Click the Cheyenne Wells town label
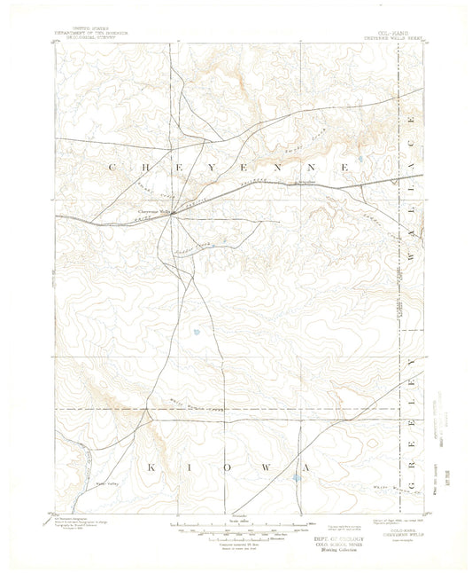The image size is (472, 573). pyautogui.click(x=154, y=211)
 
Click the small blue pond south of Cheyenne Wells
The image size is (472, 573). pyautogui.click(x=195, y=334)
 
